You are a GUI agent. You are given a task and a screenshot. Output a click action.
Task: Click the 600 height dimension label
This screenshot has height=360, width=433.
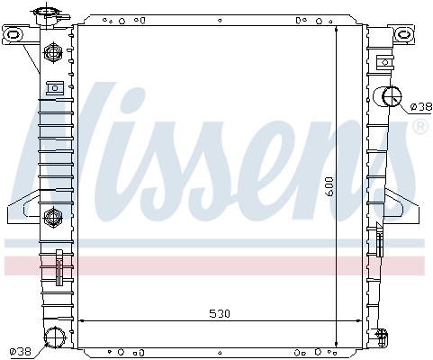pos(330,187)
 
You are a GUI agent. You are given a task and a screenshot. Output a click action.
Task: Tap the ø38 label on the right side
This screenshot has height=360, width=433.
pos(419,106)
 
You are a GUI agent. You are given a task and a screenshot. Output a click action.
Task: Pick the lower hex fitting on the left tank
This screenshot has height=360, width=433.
pos(52,216)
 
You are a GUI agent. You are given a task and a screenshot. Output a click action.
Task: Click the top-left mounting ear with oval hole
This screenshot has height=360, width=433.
pos(14,35)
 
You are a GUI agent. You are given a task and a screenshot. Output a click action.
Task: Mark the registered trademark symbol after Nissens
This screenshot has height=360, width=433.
pos(419,128)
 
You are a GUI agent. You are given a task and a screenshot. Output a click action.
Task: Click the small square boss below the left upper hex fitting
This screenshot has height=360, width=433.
pos(52,88)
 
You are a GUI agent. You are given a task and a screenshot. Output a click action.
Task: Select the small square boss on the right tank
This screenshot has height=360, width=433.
pos(384,62)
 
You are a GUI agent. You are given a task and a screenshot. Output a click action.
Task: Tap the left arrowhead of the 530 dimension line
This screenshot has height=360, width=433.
pos(83,320)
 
